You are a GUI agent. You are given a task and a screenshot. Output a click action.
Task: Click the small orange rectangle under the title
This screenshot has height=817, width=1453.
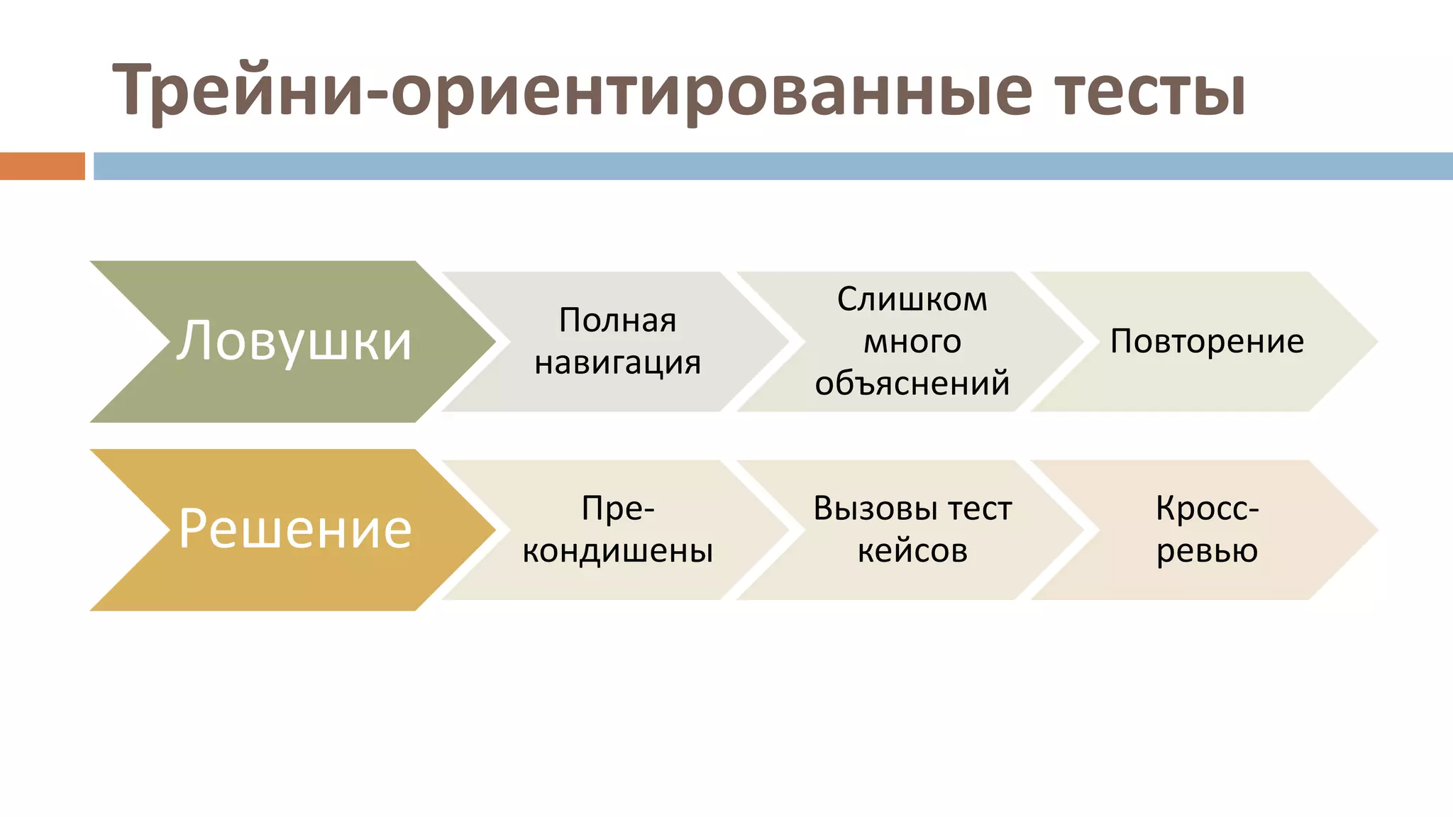(42, 166)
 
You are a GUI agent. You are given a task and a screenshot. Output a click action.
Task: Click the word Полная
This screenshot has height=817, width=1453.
(617, 321)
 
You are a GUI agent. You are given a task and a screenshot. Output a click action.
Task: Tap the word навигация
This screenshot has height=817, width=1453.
(617, 363)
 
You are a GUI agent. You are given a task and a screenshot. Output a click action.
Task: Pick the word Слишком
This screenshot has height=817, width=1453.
(912, 299)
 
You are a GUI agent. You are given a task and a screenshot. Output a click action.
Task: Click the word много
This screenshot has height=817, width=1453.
(912, 342)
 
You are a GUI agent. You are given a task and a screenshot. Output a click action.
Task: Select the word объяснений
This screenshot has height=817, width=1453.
(912, 384)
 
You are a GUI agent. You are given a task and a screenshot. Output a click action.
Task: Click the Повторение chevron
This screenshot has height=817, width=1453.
(1206, 342)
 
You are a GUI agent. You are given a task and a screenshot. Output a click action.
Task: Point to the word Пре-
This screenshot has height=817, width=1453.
(617, 508)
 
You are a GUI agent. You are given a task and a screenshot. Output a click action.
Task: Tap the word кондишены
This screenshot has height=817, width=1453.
(617, 551)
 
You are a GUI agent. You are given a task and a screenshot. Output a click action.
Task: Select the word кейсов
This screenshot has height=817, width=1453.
(912, 551)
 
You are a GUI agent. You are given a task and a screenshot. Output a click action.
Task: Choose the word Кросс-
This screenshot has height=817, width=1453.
(1206, 508)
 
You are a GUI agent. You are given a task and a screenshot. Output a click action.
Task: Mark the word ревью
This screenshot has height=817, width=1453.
(1206, 551)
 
